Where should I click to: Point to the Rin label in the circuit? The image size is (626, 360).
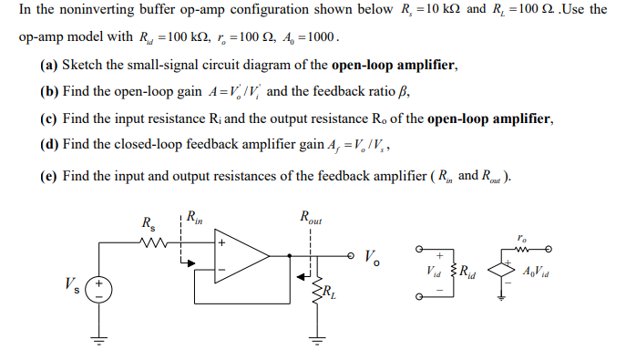pyautogui.click(x=194, y=217)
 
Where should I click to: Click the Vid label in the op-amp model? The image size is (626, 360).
pyautogui.click(x=435, y=271)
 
